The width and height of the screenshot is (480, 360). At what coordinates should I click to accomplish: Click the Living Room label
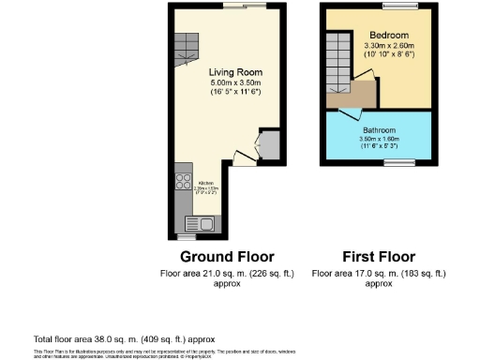pos(234,72)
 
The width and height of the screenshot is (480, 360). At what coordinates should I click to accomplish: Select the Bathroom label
pos(380,129)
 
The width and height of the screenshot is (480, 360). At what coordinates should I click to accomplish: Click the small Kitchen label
pos(205,182)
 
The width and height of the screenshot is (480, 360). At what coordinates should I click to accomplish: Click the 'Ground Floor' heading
pos(226,256)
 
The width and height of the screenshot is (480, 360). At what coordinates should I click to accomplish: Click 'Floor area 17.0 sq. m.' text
pos(376,273)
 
